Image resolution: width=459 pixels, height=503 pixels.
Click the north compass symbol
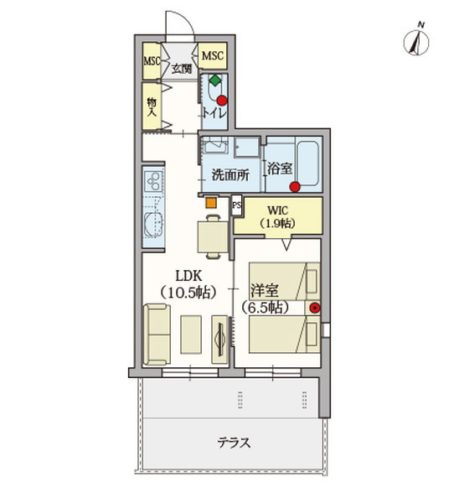416,42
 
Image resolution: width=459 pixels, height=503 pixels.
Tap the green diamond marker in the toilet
215,80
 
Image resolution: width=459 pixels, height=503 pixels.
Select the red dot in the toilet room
222,101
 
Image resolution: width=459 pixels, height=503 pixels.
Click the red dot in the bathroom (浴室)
295,187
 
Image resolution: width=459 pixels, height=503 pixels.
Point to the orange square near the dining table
211,202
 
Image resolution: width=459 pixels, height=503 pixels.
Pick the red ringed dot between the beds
315,308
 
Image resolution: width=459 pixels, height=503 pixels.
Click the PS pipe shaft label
236,205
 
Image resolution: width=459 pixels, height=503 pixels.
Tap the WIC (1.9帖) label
277,217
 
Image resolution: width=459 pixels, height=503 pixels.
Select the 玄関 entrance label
182,69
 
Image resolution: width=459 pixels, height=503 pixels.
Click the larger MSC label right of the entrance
212,55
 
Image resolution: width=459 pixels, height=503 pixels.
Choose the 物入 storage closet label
152,107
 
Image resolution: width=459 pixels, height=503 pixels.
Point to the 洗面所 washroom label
230,175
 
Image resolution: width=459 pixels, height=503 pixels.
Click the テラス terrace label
234,443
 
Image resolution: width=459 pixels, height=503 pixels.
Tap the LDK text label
188,276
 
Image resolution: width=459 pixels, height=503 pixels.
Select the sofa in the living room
157,334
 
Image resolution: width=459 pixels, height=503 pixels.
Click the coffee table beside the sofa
191,334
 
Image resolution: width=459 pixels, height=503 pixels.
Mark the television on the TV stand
220,339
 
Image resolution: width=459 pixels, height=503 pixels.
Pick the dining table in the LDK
213,237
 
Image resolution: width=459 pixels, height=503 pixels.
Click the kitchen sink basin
153,225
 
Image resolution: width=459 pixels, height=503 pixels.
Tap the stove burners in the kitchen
153,182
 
